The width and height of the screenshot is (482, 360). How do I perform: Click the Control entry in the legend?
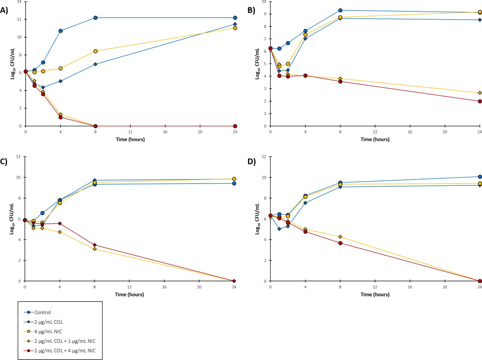(42, 312)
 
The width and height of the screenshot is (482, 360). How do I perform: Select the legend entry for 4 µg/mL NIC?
(48, 331)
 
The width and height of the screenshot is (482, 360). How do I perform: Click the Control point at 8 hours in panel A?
(96, 18)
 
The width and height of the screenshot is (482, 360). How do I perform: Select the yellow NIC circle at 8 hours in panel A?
(96, 51)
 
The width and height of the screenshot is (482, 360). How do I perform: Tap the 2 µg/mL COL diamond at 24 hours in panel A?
(235, 24)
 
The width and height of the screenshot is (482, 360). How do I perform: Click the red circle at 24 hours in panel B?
(480, 101)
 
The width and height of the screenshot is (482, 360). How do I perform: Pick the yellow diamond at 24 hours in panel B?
(480, 93)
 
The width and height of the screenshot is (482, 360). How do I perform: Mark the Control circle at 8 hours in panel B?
(340, 10)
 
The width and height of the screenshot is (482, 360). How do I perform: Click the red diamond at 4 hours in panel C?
(59, 223)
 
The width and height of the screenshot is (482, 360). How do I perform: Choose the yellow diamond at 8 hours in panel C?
(95, 249)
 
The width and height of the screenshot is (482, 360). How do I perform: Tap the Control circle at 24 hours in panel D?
(480, 177)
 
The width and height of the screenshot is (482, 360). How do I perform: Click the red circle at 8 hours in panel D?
(340, 243)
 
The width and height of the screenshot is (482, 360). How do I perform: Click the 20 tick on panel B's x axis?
(445, 132)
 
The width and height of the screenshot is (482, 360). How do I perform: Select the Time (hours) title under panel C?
(130, 295)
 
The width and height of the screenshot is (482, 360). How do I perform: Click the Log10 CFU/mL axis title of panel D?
(258, 219)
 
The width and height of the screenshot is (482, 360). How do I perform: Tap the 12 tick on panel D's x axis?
(375, 287)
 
